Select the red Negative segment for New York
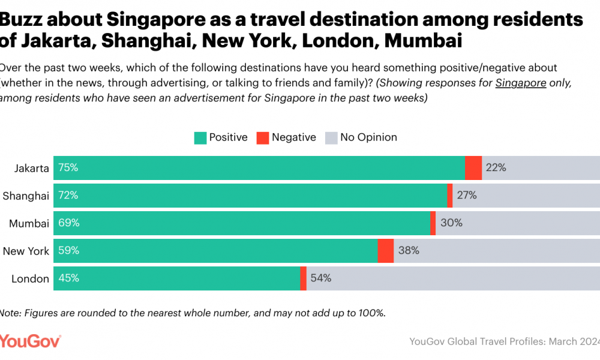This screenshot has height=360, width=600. (385, 251)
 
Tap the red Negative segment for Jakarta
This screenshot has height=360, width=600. (473, 167)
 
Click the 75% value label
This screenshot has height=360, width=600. (68, 167)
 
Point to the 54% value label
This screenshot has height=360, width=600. (321, 278)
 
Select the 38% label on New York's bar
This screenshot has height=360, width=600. (409, 251)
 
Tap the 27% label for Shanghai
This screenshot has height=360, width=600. (466, 195)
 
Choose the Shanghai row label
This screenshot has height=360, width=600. (26, 196)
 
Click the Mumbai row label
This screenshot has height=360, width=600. (29, 223)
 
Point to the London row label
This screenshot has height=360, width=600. (31, 279)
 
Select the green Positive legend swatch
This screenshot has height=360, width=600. (200, 138)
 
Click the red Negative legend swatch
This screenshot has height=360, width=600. (262, 138)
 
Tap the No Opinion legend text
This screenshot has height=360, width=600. (368, 137)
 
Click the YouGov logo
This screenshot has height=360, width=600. (30, 341)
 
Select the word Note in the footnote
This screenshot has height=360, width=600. (10, 313)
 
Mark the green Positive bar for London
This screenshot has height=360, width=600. (177, 278)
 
